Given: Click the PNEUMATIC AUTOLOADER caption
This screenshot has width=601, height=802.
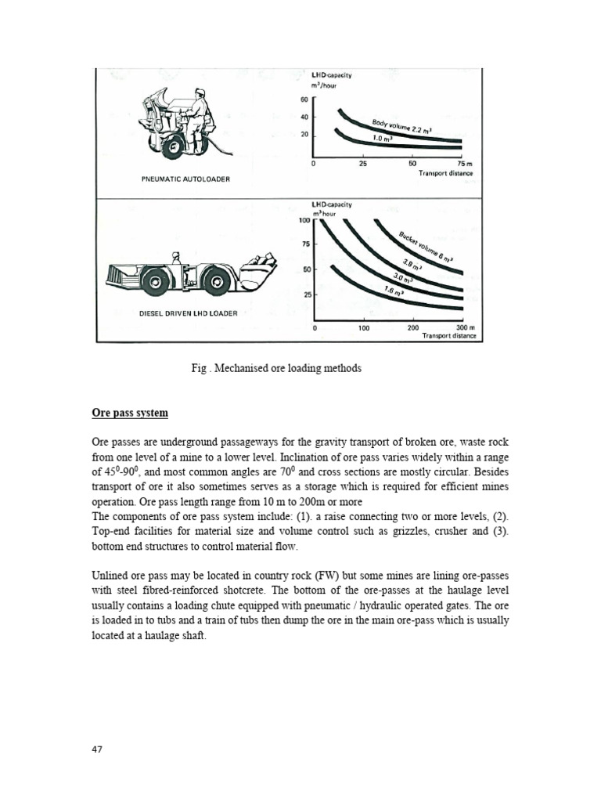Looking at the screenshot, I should (x=185, y=179).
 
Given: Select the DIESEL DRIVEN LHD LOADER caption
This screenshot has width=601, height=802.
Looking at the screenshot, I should (x=188, y=314).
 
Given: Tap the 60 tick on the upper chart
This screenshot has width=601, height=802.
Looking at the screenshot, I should (x=304, y=99).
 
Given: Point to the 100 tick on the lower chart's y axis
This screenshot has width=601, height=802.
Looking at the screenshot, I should (x=304, y=220).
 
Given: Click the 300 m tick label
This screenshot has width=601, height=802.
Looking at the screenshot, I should (x=465, y=328).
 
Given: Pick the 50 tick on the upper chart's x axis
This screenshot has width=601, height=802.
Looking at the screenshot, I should (x=412, y=164).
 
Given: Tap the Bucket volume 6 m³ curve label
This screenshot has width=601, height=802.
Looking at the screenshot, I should (x=425, y=246).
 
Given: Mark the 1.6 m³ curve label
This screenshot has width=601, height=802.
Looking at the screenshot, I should (x=394, y=291).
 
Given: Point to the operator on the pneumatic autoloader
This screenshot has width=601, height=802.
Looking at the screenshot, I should (x=200, y=110).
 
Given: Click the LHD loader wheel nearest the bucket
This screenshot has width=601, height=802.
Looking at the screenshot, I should (x=214, y=280).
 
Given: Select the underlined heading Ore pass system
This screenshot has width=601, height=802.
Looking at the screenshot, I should (x=129, y=413).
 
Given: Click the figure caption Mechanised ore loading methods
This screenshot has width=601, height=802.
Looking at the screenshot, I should (x=276, y=368).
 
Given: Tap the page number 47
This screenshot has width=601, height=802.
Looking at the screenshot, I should (x=98, y=749).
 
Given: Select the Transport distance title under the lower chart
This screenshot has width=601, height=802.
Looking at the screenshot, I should (x=448, y=336).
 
